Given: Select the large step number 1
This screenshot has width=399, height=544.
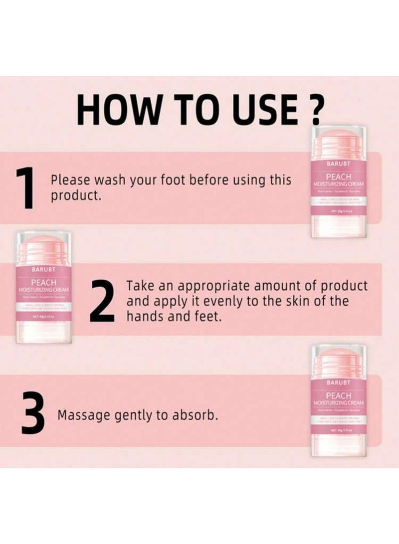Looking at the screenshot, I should [25, 188].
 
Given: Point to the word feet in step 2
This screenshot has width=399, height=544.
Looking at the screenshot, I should [204, 317].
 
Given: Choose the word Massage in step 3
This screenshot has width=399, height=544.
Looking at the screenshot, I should [80, 415].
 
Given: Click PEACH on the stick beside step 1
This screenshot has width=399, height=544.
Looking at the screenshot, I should [338, 177].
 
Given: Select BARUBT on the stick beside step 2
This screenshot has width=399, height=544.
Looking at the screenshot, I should [43, 269].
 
